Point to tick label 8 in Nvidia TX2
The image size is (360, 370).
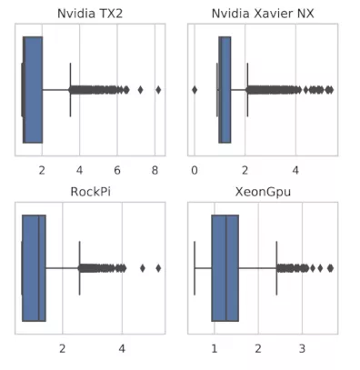pos(155,170)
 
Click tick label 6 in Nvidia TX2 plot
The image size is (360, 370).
pos(117,170)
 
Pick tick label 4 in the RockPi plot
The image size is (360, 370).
pos(123,348)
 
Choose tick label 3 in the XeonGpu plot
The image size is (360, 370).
pos(302,348)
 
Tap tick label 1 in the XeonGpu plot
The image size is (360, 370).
pos(214,348)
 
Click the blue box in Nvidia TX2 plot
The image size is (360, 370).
pos(33,90)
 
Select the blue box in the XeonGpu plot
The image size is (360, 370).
pos(225,268)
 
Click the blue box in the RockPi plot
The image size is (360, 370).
pos(35,268)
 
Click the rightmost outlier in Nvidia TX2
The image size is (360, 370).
pos(158,90)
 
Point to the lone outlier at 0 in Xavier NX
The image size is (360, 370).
pos(195,90)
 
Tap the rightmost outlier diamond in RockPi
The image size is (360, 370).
pos(158,268)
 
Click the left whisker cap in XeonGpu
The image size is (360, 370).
pos(195,268)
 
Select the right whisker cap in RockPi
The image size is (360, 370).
pos(79,268)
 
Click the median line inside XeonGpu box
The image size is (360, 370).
pos(225,268)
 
